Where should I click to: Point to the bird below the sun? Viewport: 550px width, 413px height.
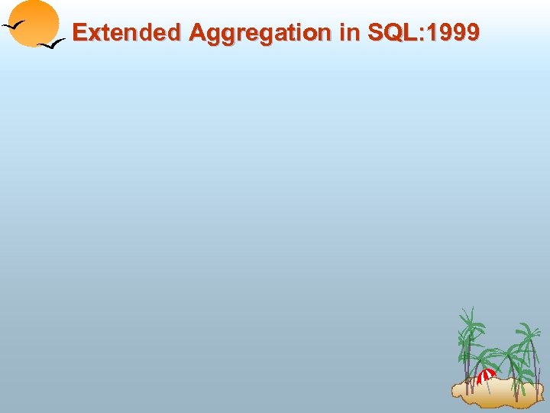pos(52,45)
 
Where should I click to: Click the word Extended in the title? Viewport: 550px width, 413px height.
pos(127,32)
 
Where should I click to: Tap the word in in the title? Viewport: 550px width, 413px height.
pos(345,32)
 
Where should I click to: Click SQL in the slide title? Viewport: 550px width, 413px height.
pos(390,32)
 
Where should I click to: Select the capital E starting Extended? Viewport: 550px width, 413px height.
pos(79,32)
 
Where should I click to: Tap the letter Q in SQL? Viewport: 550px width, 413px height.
pos(391,32)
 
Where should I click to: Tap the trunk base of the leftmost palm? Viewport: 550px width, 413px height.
pos(468,389)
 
